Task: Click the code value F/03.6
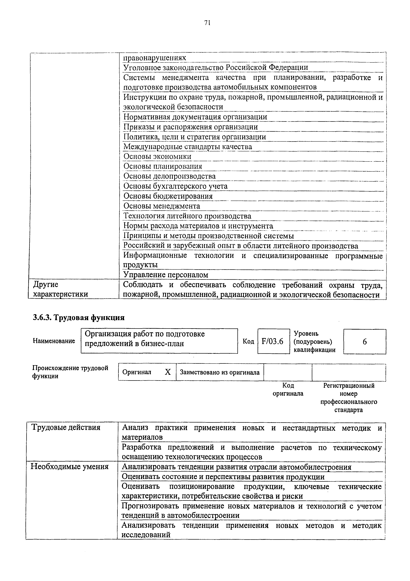click(272, 342)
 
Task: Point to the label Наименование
click(54, 341)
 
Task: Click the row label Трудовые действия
click(66, 427)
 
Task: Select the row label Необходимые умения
click(69, 467)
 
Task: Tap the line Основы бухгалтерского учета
click(175, 186)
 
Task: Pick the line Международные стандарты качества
click(187, 147)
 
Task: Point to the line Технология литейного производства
click(187, 216)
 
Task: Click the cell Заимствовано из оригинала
click(220, 372)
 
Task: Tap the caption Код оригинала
click(288, 390)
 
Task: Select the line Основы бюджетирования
click(168, 196)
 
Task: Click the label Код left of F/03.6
click(248, 342)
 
